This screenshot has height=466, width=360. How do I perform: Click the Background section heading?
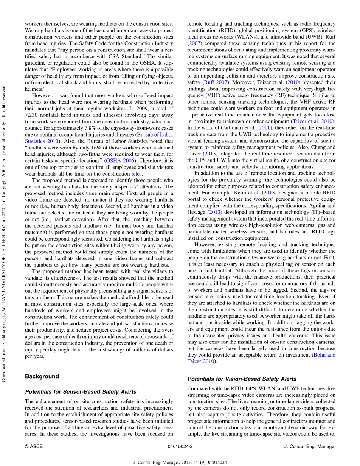[42, 376]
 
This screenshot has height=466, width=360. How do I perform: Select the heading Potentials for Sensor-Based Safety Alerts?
[81, 391]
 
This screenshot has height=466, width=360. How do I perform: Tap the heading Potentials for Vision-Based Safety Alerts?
[242, 379]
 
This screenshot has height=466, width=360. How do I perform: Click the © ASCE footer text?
[34, 446]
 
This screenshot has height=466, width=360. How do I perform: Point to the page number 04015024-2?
[180, 446]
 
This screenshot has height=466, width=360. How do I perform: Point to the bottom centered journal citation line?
[180, 462]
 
